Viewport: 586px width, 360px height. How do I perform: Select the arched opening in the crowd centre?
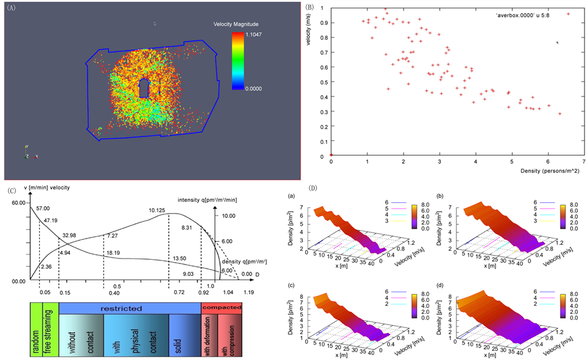[x=144, y=88]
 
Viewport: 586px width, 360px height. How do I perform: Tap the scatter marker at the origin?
[x=331, y=156]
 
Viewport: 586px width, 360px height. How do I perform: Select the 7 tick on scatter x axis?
[x=584, y=161]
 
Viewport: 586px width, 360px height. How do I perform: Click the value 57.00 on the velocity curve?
[x=44, y=209]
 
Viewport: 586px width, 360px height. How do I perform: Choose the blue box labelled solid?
[x=183, y=335]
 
